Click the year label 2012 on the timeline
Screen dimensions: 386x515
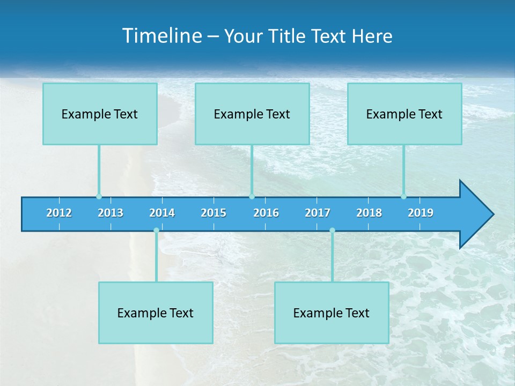click(x=59, y=213)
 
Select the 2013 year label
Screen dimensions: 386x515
click(x=111, y=213)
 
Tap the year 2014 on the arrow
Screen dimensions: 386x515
click(x=162, y=213)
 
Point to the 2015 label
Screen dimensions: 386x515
click(x=214, y=213)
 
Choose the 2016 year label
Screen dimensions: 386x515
click(x=266, y=213)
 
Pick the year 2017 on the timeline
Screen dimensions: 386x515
click(x=318, y=213)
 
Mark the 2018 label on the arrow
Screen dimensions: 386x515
click(x=369, y=213)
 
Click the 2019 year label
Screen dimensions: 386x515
click(x=421, y=213)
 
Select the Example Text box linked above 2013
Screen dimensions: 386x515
click(x=100, y=114)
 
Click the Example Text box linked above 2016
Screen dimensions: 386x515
click(x=252, y=114)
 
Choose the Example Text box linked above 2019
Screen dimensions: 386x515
click(x=404, y=114)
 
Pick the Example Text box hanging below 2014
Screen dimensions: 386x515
click(x=156, y=313)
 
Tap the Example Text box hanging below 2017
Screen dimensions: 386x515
click(x=332, y=313)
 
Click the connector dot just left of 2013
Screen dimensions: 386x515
click(x=99, y=196)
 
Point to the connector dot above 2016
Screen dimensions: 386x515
click(x=252, y=196)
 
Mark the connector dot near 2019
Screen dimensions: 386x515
click(x=403, y=196)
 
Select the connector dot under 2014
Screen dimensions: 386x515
click(x=156, y=230)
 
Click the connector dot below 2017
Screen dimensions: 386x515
click(x=332, y=230)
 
